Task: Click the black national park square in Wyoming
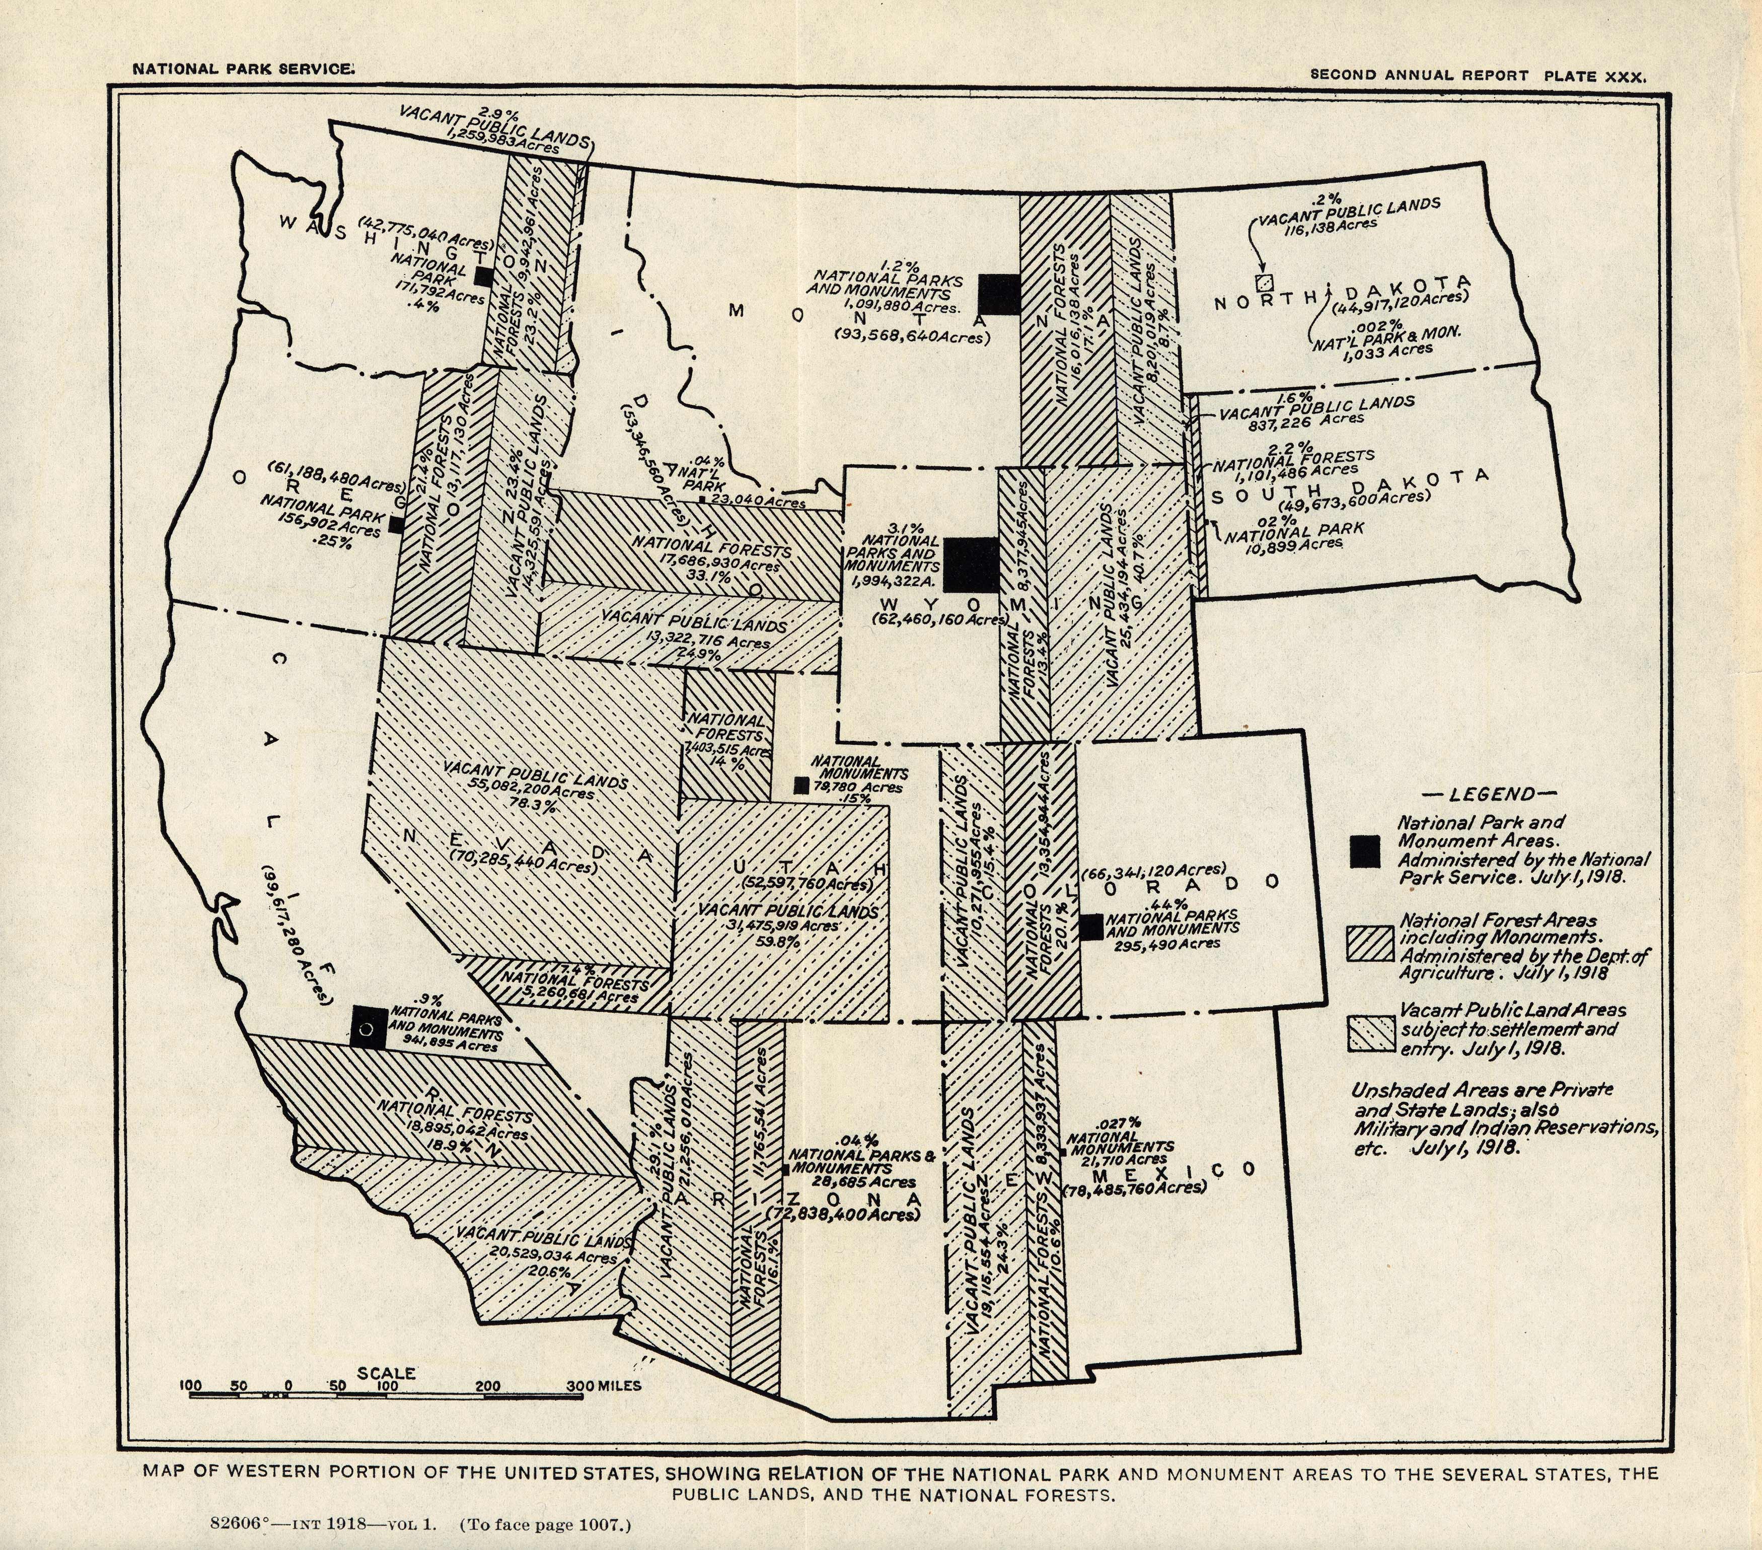(x=971, y=565)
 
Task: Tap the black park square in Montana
(x=999, y=294)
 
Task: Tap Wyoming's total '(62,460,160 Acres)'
(x=933, y=618)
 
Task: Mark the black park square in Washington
(x=484, y=276)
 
